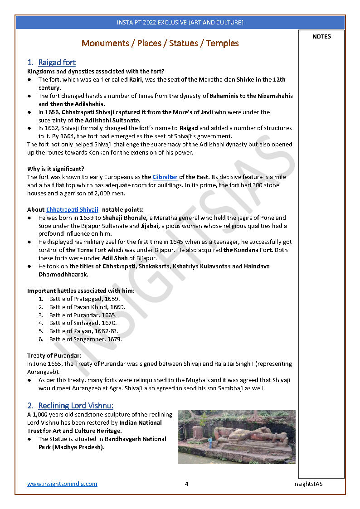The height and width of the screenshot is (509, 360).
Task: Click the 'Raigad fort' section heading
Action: pos(57,63)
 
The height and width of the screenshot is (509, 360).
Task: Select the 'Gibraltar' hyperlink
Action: pos(165,177)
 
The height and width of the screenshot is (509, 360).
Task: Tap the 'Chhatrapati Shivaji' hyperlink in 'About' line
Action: pos(72,209)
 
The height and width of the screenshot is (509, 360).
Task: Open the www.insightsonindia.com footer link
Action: pos(62,484)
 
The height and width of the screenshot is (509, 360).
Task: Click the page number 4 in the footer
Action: pos(186,484)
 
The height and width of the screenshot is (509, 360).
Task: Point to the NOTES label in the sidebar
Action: pos(321,37)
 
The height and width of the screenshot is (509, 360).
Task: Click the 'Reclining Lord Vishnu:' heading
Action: pos(76,405)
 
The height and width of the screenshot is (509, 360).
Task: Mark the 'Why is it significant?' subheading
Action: pos(56,169)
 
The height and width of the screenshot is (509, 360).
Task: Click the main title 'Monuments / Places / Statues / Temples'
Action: pos(160,44)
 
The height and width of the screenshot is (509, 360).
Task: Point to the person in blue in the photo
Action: pos(210,441)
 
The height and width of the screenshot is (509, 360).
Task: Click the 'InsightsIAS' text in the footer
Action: pos(308,484)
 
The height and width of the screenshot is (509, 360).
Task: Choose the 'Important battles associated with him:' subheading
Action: pos(81,291)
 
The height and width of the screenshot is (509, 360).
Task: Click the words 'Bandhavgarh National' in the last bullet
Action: pos(135,439)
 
